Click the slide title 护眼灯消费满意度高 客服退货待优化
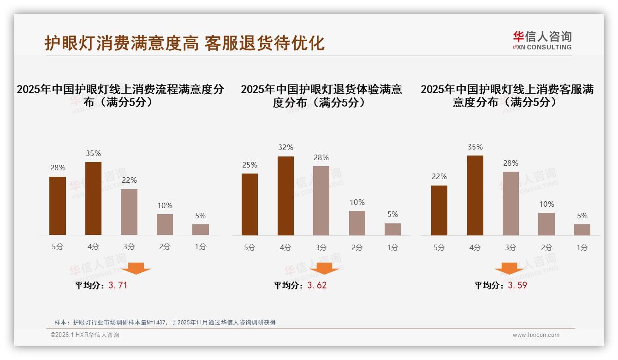coord(184,43)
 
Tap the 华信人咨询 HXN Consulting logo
coord(542,41)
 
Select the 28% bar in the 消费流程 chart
coord(58,206)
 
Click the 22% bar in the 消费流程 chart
coord(129,212)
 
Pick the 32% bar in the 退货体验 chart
coord(285,196)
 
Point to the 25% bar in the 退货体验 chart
coord(250,204)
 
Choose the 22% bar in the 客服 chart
coord(439,210)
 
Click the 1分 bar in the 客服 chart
coord(582,230)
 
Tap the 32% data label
coord(285,148)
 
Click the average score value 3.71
coord(118,285)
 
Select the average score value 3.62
coord(317,285)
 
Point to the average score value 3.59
coord(517,285)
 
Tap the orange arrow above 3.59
coord(509,268)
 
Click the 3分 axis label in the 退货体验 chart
coord(321,247)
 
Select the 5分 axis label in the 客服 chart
coord(439,247)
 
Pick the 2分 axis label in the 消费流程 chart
coord(165,247)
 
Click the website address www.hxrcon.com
coord(536,335)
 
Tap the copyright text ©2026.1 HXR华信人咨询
coord(85,335)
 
